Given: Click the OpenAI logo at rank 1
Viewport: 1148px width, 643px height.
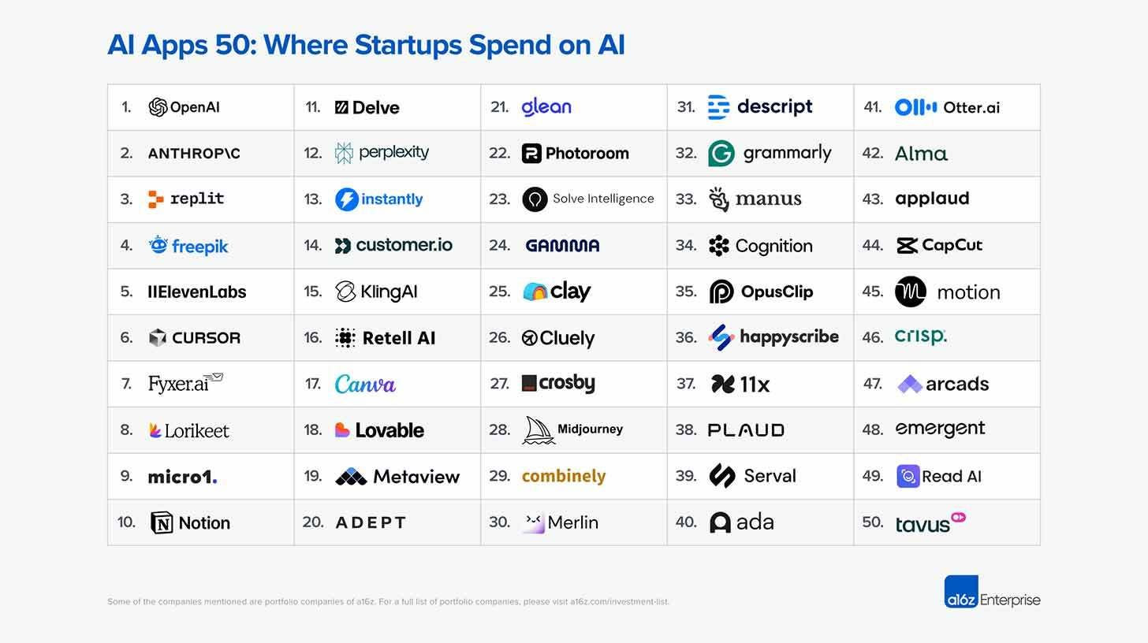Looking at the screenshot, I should coord(158,107).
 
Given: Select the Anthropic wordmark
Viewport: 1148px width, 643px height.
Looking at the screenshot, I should coord(194,154).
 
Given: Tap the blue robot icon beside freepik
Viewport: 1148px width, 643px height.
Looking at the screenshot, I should coord(158,245).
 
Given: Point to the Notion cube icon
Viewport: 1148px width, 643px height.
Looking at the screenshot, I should coord(162,522).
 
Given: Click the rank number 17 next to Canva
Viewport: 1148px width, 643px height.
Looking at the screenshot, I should coord(313,384).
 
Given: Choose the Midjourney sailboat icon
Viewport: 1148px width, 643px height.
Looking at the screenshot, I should coord(538,430).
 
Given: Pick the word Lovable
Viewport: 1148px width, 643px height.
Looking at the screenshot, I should coord(389,430).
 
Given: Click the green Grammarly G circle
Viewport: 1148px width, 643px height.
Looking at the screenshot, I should coord(721,154).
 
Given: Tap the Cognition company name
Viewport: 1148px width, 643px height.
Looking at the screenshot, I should coord(773,246).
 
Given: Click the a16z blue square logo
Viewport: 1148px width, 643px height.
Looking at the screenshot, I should coord(961,592).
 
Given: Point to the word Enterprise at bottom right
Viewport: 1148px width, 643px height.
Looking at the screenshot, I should coord(1010,600).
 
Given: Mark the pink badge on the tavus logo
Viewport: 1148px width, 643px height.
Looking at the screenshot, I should coord(958,518).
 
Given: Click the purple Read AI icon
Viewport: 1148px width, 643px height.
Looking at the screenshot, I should coord(908,476).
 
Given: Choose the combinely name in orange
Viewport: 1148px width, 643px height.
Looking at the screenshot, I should coord(564,476).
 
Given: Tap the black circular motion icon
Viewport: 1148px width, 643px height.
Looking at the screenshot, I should coord(911,292).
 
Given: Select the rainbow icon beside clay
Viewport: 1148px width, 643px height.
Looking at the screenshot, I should coord(535,292).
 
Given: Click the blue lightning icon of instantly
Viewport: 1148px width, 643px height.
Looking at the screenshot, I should coord(347,199).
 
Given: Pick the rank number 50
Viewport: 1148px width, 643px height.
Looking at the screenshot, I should coord(872,522).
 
